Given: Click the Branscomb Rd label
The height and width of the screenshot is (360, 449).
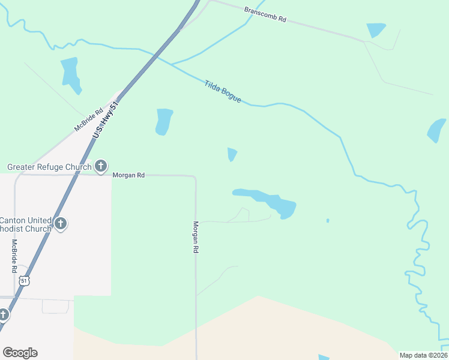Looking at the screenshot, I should (x=265, y=15).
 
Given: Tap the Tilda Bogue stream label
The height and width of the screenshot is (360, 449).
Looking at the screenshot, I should (x=223, y=91).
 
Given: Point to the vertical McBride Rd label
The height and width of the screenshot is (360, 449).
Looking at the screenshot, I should (x=14, y=256).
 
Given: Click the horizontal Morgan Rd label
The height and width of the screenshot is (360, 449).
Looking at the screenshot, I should (x=128, y=175).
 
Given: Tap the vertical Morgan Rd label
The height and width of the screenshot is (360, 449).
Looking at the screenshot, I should (x=196, y=236).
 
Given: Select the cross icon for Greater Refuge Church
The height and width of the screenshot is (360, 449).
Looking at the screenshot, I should (x=101, y=166).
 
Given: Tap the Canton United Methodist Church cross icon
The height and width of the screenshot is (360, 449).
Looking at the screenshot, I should (x=60, y=224).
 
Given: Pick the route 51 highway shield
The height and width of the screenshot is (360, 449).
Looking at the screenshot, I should (x=23, y=281).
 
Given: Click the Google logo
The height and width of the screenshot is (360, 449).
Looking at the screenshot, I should (x=20, y=353).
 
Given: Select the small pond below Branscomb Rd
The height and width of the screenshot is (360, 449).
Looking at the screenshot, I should (x=376, y=29).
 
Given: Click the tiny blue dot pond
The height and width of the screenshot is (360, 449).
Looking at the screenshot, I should (x=328, y=221).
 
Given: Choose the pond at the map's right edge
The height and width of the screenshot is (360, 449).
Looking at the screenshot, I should (x=436, y=130).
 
